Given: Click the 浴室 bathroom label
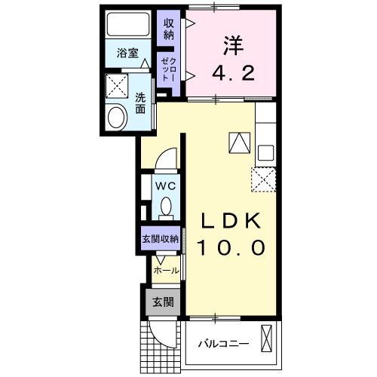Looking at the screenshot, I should (127, 54).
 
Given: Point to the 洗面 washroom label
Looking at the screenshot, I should (140, 103).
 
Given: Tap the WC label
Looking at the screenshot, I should (165, 183).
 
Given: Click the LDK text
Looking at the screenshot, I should (231, 221).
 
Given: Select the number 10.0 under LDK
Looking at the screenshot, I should (231, 247).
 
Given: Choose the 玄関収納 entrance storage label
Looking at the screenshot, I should (160, 238).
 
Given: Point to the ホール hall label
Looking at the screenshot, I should (166, 269).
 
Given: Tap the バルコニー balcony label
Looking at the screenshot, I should (223, 344).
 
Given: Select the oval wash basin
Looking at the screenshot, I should (118, 117).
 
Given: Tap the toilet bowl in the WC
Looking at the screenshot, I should (166, 205).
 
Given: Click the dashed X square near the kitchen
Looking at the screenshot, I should (263, 179).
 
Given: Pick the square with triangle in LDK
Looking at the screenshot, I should (238, 141).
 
